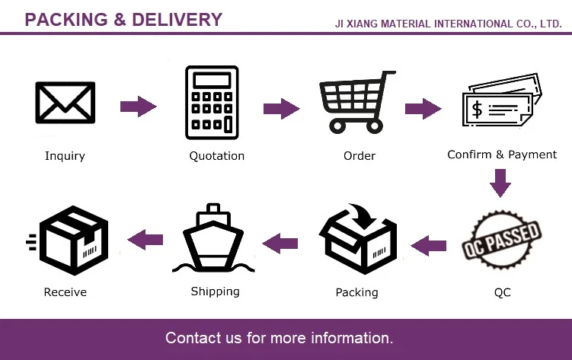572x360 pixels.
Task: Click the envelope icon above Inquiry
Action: pos(65,103)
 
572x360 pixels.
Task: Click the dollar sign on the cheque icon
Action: pos(478,109)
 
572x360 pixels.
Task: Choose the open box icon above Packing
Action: pos(357,241)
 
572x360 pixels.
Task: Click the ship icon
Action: pos(214,239)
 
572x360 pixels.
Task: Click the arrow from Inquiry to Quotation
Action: pos(138,107)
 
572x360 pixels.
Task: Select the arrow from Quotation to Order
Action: pos(281,108)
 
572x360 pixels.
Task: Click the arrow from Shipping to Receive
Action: pos(145,241)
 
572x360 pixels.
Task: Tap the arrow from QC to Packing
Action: pos(429,244)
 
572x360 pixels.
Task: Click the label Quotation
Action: pos(217,156)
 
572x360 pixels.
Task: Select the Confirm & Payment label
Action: pos(502,155)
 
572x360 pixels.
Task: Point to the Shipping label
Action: pos(215,292)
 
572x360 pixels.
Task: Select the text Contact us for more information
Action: pos(280,337)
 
